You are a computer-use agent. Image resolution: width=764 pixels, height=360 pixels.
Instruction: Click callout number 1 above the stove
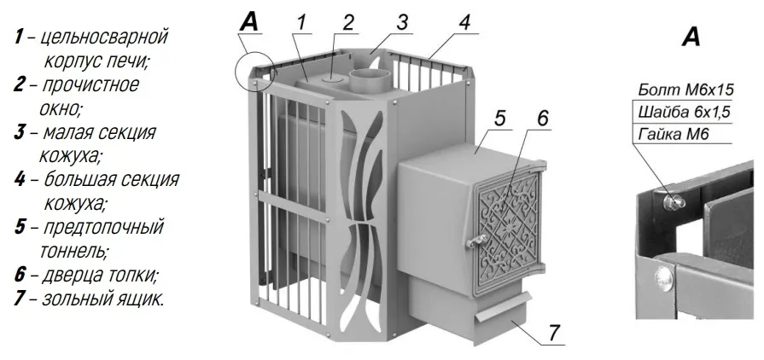pos(302,21)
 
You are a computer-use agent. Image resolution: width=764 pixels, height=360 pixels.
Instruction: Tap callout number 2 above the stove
pos(347,21)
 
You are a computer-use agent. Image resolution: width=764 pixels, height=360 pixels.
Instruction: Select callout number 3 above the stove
pos(401,22)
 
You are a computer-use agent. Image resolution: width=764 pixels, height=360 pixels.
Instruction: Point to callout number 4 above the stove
pos(465,22)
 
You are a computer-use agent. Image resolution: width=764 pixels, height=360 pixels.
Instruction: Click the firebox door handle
pos(475,240)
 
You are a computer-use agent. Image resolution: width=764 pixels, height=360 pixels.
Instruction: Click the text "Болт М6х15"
pos(685,90)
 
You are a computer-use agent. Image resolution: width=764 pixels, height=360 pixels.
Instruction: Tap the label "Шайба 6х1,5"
pos(684,112)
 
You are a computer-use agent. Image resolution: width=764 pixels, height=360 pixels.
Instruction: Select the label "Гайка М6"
pos(673,134)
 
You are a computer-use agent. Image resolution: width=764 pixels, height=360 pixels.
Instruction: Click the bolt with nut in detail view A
pos(674,200)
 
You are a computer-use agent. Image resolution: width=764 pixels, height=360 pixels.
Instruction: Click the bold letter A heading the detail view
pos(691,37)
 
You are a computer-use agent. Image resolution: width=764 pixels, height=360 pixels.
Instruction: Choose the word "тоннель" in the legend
pos(72,251)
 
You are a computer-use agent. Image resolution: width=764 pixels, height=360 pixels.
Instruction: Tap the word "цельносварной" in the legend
pos(104,38)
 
